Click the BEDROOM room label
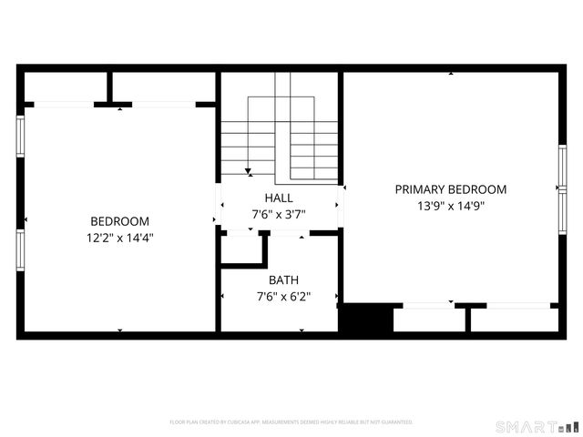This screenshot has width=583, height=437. [119, 221]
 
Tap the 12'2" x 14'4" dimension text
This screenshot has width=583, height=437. [119, 238]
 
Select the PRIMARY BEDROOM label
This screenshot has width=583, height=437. [450, 189]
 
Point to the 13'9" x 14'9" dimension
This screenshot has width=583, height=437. [450, 206]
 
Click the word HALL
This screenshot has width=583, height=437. [279, 198]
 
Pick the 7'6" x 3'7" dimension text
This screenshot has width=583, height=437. [279, 215]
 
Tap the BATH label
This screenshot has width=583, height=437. [283, 280]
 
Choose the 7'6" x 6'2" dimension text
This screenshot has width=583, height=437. [283, 297]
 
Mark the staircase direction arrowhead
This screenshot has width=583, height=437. [248, 170]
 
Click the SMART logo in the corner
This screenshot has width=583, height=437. [537, 426]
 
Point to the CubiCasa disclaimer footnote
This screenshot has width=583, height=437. [291, 422]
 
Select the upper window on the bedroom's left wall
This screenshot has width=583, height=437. [20, 136]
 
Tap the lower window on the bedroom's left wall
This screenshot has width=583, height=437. [20, 249]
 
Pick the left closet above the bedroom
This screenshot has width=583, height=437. [66, 87]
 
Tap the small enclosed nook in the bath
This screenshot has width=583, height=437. [241, 249]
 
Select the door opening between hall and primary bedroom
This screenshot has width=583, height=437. [342, 205]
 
